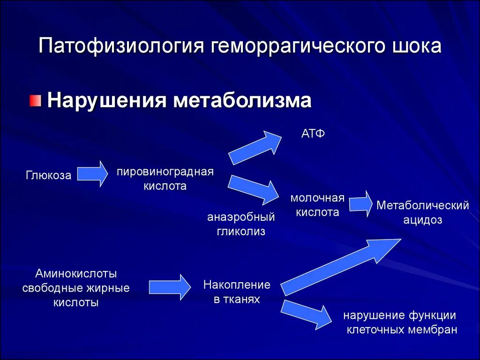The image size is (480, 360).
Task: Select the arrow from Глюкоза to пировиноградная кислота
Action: tap(92, 174)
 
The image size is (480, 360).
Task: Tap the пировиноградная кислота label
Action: tap(165, 179)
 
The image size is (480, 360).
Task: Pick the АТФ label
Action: tap(313, 134)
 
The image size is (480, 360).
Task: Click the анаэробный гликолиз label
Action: tap(241, 224)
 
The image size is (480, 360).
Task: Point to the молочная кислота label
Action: tap(317, 205)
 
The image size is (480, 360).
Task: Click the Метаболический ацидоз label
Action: tap(423, 212)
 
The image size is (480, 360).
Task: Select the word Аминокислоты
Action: tap(76, 273)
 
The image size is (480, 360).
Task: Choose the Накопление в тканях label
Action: tap(237, 292)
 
